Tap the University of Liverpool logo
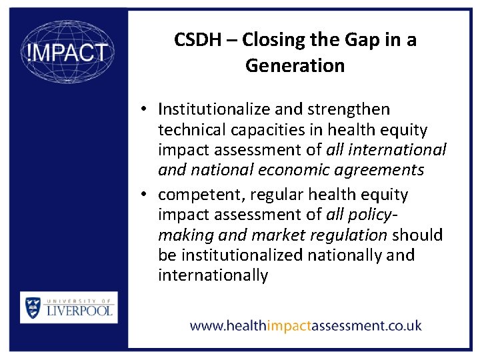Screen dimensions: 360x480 [69, 307]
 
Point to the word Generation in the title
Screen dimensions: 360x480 [295, 65]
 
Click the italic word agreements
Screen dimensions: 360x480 [386, 169]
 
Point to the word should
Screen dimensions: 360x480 [418, 235]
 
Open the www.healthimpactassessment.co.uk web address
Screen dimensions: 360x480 [305, 326]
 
